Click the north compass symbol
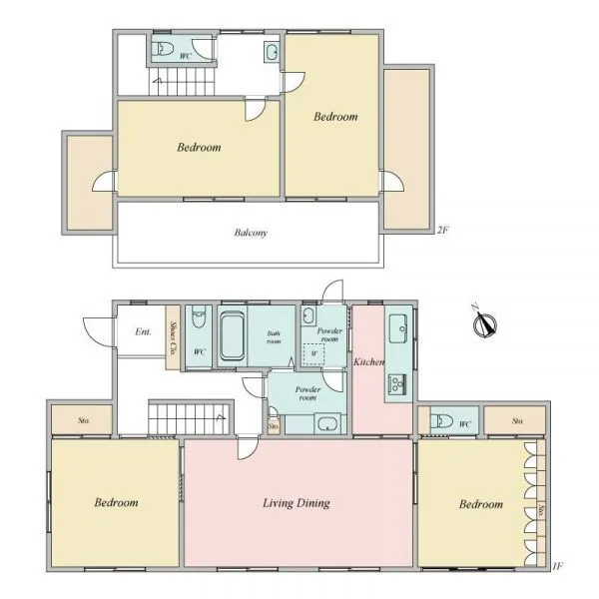(484, 323)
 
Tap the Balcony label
(251, 233)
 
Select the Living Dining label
(297, 503)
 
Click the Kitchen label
(368, 361)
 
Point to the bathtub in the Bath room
(233, 336)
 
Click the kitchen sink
(398, 328)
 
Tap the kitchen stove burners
(397, 384)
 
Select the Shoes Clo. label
(173, 338)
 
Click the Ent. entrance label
(143, 331)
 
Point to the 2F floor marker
(442, 230)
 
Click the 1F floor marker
(557, 566)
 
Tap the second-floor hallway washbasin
(272, 52)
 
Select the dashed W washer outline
(313, 354)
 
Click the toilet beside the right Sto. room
(441, 421)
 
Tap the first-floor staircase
(189, 418)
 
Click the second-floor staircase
(182, 81)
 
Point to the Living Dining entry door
(248, 447)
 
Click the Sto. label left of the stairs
(84, 420)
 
